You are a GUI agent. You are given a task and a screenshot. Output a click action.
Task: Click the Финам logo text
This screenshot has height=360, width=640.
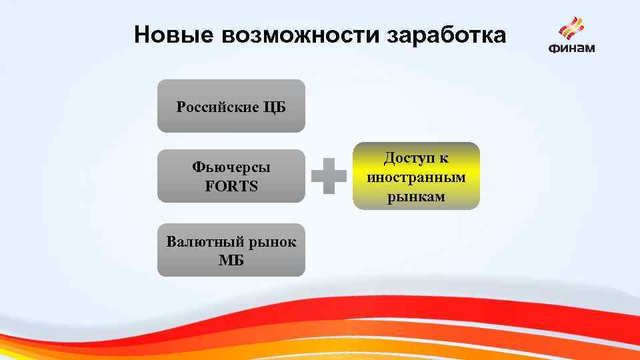(571, 48)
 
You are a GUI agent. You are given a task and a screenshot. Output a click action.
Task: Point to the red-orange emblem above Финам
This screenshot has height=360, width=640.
(571, 28)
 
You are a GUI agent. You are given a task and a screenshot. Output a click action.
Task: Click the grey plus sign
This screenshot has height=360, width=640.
(329, 176)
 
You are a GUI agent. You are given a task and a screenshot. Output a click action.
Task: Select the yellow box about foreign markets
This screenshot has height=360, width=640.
(416, 176)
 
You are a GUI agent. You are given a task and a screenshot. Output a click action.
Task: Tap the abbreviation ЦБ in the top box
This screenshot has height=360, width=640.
(275, 107)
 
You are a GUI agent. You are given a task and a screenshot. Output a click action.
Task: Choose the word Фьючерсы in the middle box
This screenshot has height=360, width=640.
(231, 167)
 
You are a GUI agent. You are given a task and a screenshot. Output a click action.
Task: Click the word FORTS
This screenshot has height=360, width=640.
(231, 186)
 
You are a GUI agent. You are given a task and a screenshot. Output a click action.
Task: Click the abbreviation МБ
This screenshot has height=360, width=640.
(231, 261)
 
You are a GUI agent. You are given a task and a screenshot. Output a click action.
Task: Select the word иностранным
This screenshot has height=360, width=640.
(416, 177)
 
